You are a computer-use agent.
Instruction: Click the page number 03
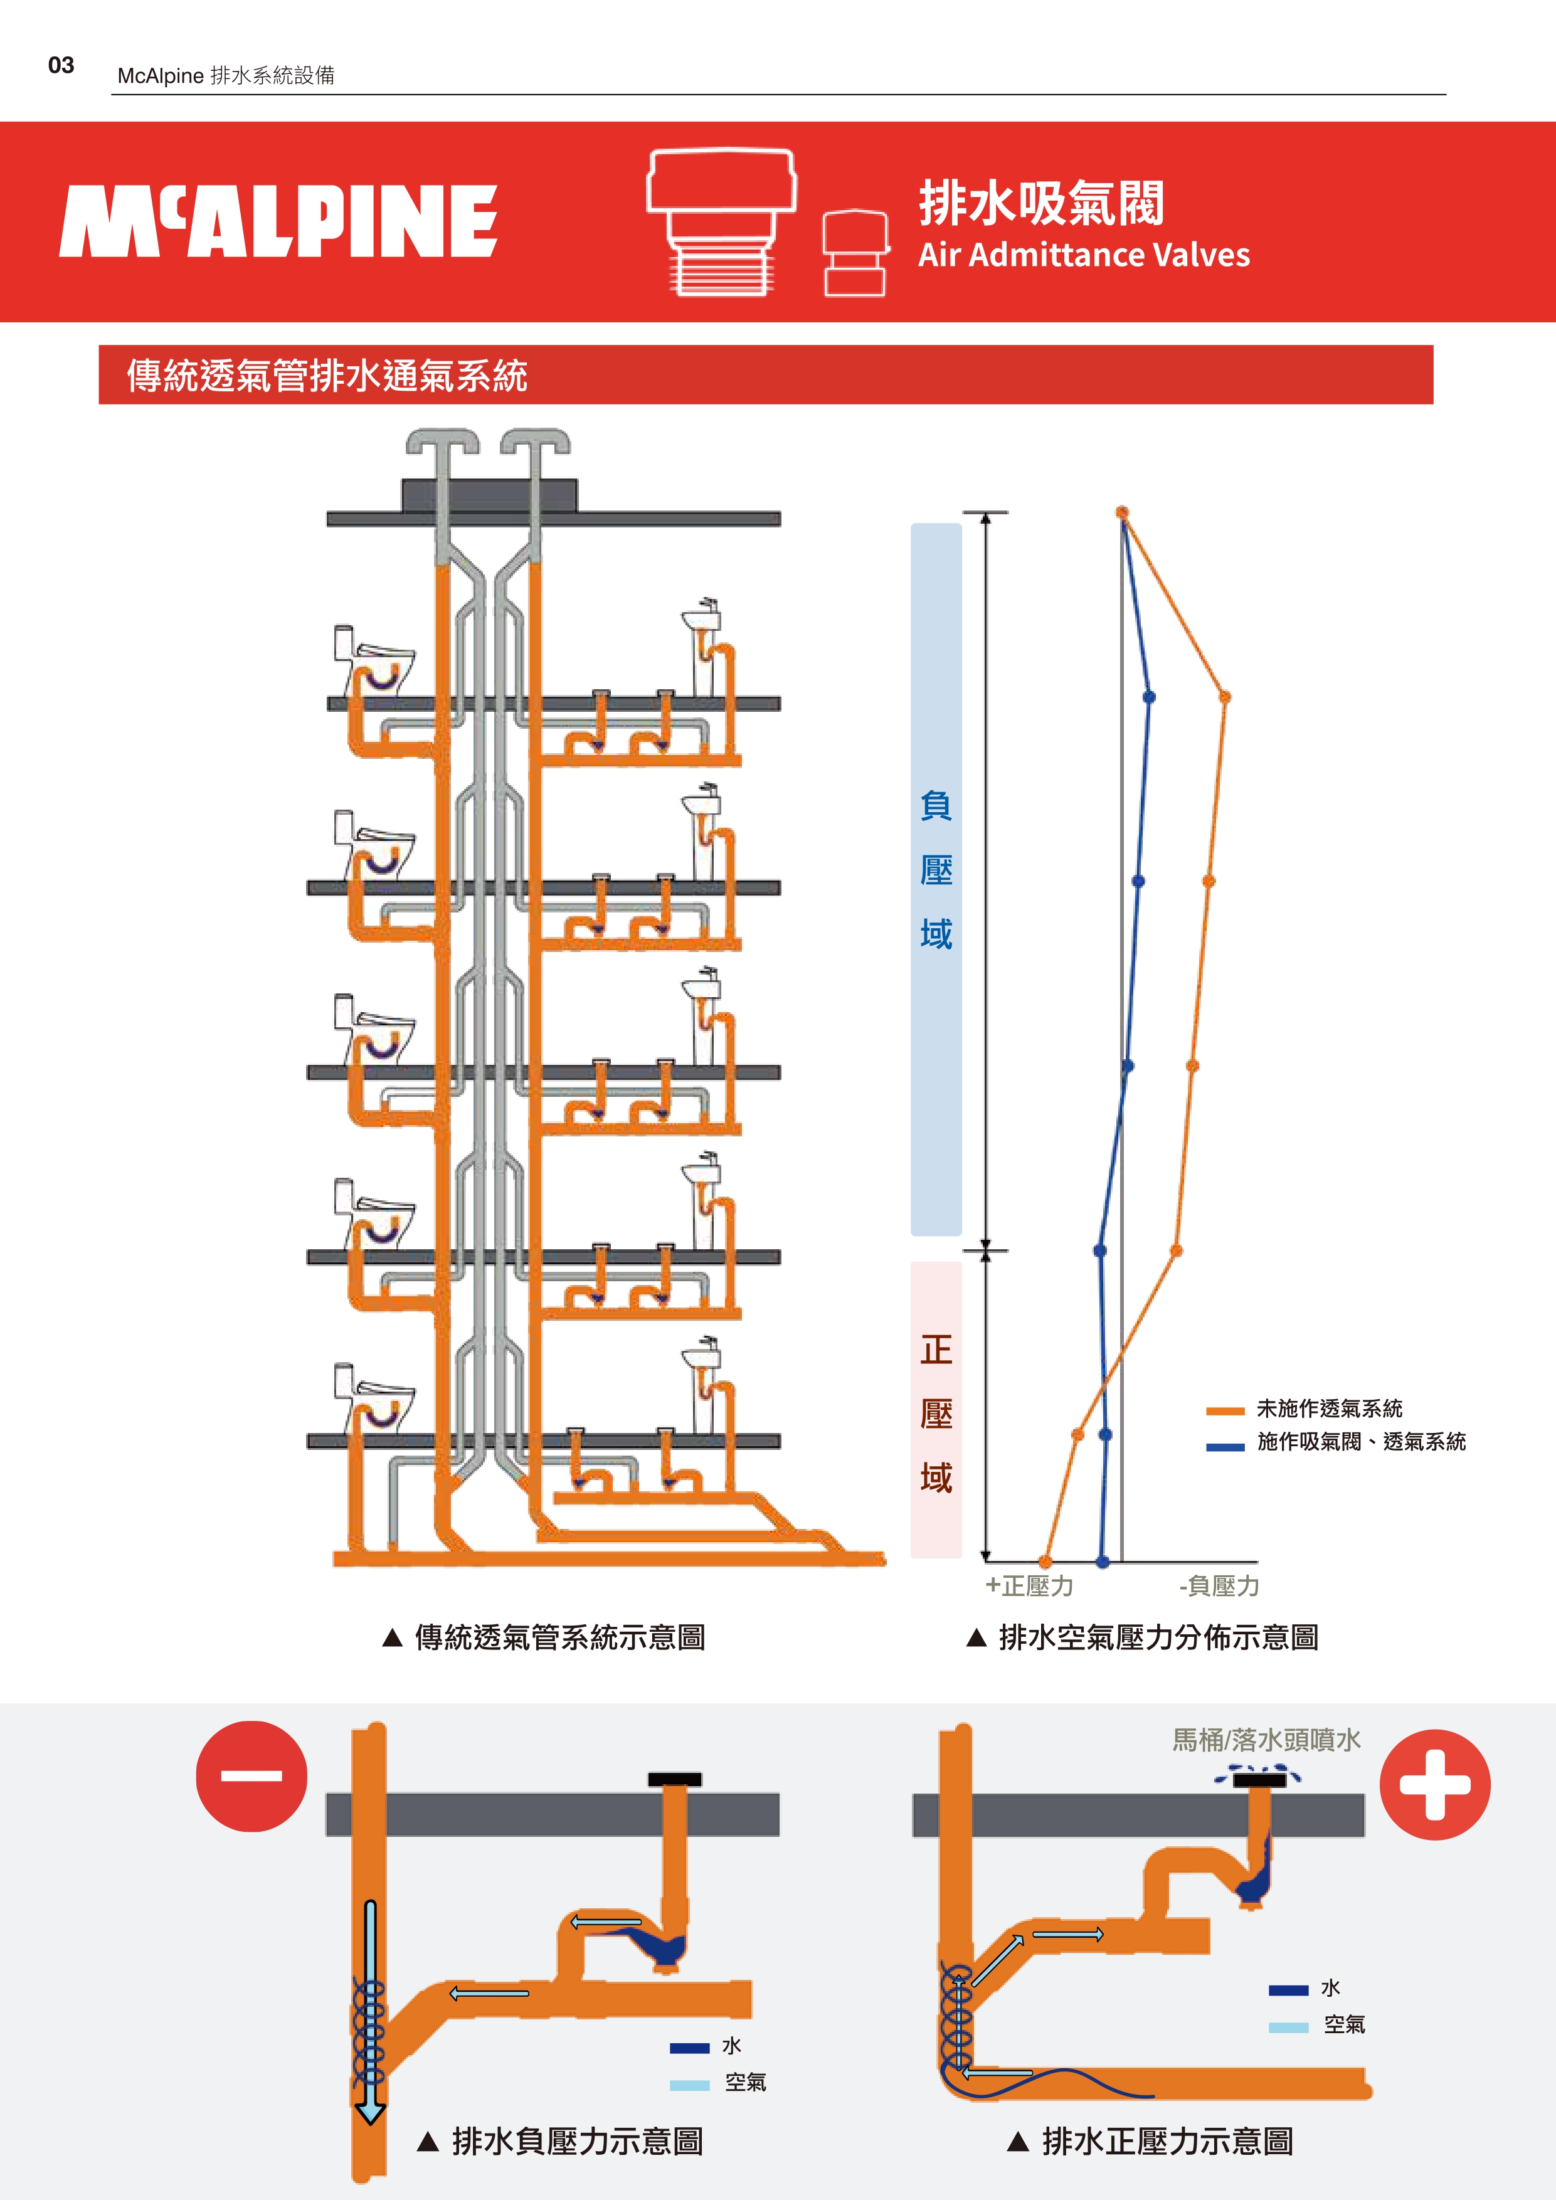tap(61, 65)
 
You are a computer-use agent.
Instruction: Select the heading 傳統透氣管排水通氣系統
tap(327, 376)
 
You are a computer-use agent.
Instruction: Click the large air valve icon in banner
tap(721, 219)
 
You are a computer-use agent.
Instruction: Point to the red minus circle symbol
tap(251, 1775)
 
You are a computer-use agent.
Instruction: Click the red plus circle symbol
tap(1434, 1784)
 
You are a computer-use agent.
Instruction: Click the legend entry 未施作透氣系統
tap(1329, 1409)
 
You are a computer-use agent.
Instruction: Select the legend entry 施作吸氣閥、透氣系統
tap(1360, 1441)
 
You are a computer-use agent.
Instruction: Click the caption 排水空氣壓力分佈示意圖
tap(1157, 1637)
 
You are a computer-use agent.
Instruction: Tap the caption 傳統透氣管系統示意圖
tap(559, 1637)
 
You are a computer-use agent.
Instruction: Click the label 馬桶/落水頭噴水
tap(1266, 1739)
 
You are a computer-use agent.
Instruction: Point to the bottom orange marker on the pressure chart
tap(1045, 1562)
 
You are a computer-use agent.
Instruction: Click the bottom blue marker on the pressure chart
tap(1103, 1562)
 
